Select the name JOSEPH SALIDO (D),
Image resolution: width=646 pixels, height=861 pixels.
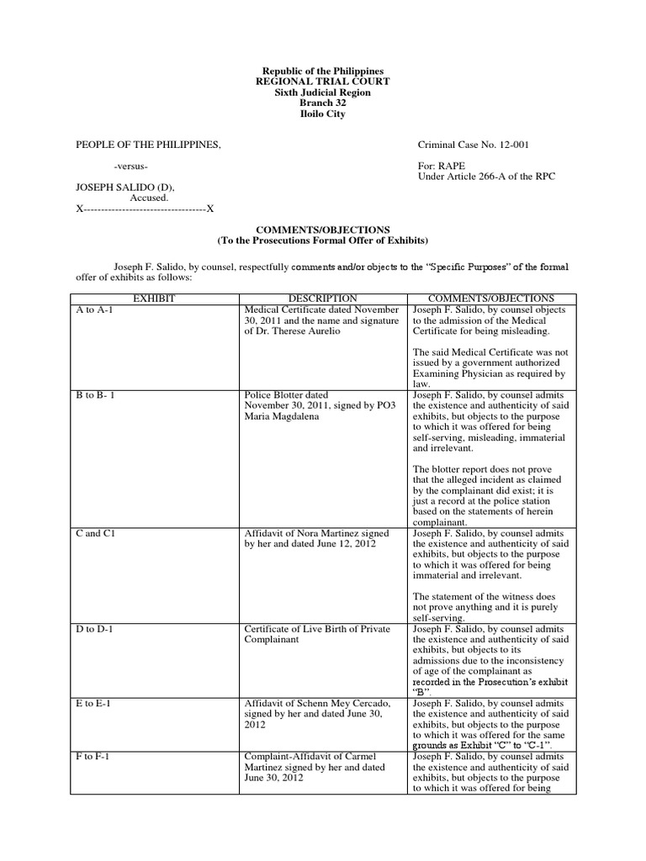coord(126,187)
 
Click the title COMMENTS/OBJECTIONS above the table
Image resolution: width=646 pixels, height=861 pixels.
coord(323,229)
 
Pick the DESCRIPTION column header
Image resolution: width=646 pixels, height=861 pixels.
coord(322,298)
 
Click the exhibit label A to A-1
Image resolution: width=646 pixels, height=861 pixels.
coord(94,309)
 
